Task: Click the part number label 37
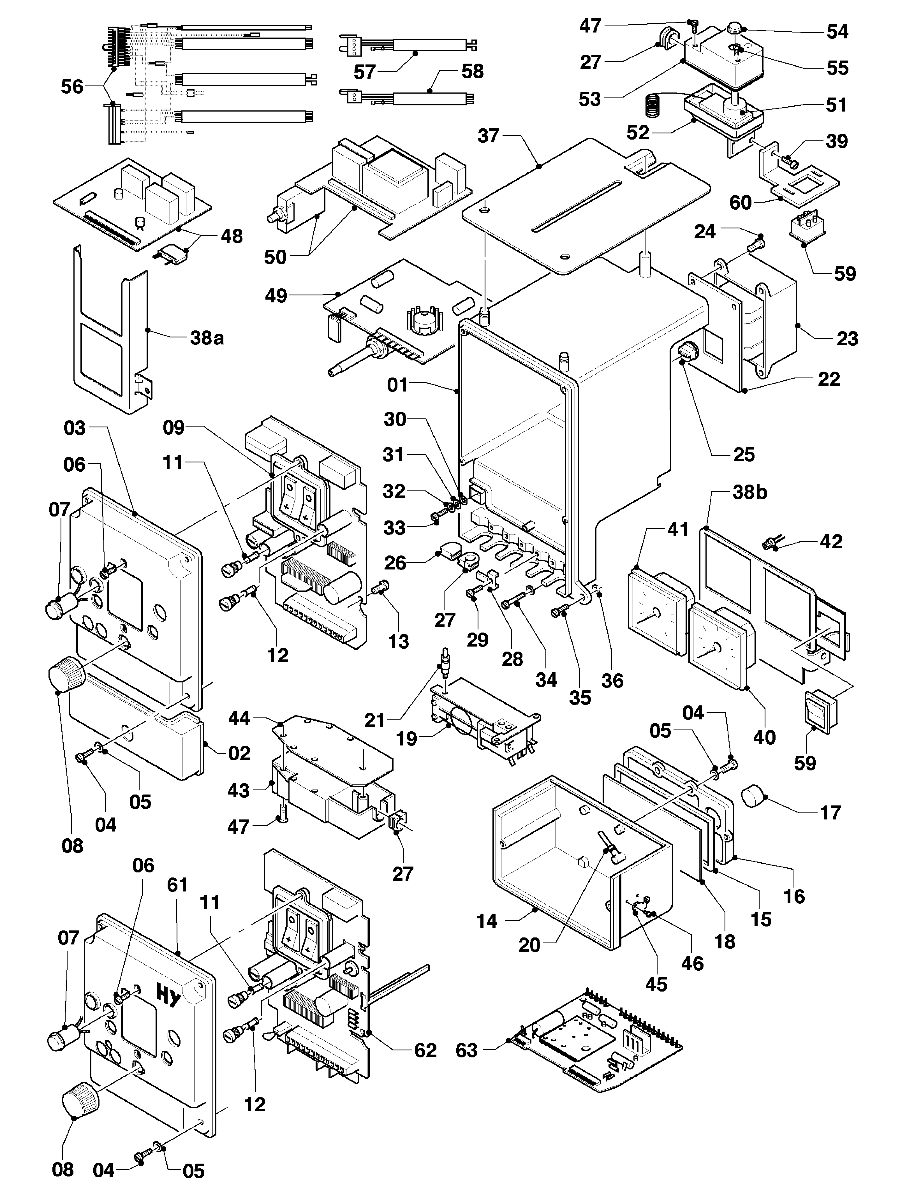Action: [x=488, y=136]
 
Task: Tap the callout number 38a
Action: [x=207, y=338]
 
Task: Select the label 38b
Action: [x=750, y=493]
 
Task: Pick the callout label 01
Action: [x=398, y=385]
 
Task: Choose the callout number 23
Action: [x=847, y=339]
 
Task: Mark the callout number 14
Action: [x=487, y=921]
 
